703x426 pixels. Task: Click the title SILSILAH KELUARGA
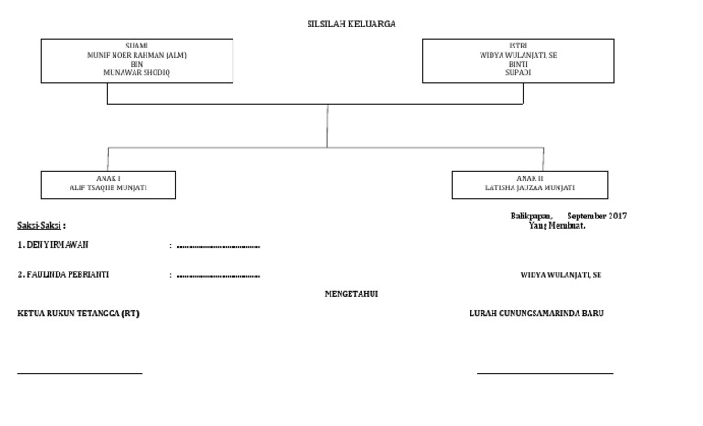(x=351, y=25)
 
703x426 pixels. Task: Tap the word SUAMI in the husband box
(x=136, y=46)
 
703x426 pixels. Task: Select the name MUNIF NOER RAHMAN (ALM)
(x=136, y=55)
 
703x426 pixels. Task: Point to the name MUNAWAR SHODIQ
(x=136, y=72)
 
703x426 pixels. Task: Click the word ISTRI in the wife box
(x=518, y=46)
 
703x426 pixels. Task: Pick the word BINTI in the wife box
(x=518, y=63)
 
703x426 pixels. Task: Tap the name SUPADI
(x=518, y=72)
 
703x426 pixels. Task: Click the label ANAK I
(x=108, y=178)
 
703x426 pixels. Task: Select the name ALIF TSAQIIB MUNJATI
(x=108, y=187)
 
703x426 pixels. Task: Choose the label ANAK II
(x=530, y=178)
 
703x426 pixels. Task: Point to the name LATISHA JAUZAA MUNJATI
(x=530, y=187)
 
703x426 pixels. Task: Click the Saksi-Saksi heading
(x=41, y=225)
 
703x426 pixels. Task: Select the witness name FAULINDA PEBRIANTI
(x=69, y=274)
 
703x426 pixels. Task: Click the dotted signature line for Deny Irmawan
(x=218, y=246)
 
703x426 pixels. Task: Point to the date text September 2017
(x=598, y=216)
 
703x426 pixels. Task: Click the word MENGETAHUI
(x=351, y=294)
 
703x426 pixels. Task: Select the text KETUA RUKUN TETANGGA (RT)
(x=79, y=314)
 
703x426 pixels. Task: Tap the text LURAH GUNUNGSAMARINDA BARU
(x=536, y=314)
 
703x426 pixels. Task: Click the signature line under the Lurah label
(x=545, y=372)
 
